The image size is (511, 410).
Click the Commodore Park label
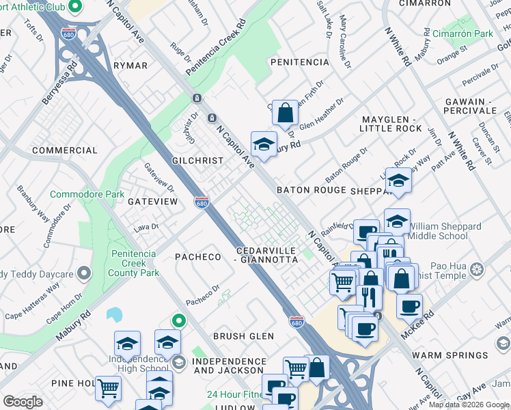coord(87,195)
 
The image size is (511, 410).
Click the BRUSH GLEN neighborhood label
coord(243,336)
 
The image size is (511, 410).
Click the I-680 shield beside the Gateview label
coord(201,202)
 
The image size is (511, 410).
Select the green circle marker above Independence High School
coord(178,320)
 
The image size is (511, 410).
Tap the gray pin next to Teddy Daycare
coord(83,273)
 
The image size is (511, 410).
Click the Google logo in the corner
coord(23,402)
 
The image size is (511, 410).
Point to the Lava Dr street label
coord(146,227)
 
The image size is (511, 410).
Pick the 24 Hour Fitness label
coord(234,394)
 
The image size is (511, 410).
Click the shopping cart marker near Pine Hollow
coord(108,389)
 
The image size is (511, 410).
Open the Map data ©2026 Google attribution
coord(469,405)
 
